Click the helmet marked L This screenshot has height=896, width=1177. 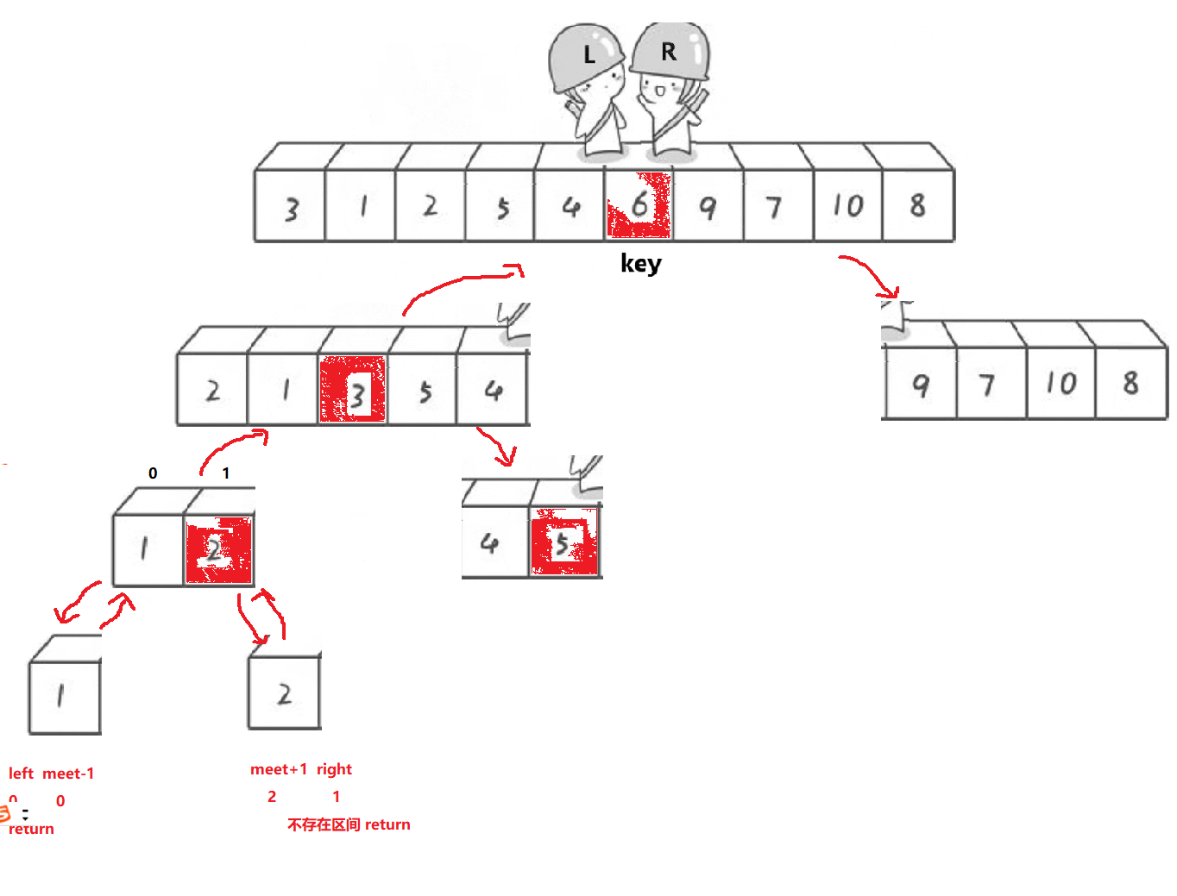[586, 56]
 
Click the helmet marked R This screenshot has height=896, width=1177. [670, 51]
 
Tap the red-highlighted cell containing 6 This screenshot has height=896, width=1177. [639, 206]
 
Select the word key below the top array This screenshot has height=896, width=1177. [640, 263]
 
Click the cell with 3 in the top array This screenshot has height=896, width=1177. [291, 208]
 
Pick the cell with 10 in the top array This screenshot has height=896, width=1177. [847, 206]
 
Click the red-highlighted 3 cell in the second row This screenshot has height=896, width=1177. [353, 391]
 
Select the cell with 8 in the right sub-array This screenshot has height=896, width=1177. [1130, 383]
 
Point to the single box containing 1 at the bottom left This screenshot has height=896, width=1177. [64, 696]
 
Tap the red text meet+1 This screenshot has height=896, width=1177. [279, 769]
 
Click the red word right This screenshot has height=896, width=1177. [334, 769]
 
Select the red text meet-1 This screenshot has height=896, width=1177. [68, 774]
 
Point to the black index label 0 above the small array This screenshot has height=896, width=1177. [153, 473]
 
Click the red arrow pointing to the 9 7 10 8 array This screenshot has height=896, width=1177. [872, 274]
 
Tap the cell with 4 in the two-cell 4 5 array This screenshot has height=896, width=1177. [492, 543]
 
